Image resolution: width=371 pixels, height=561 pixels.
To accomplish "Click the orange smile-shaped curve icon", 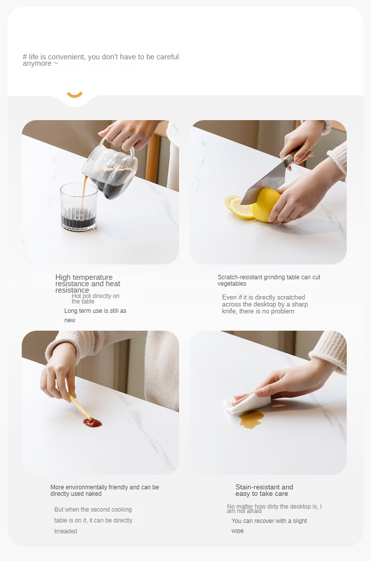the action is [75, 95].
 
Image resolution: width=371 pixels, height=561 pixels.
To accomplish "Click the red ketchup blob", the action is [93, 423].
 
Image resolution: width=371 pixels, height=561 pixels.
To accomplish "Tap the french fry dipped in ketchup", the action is [80, 406].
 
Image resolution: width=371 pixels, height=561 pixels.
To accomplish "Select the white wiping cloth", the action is [246, 403].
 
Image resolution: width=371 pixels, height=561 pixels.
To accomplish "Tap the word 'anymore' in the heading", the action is [37, 63].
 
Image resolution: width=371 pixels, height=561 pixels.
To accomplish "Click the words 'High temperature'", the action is [84, 277].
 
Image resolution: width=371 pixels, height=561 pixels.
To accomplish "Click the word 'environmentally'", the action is [96, 487].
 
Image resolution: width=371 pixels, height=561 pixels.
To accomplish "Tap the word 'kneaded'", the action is [65, 531].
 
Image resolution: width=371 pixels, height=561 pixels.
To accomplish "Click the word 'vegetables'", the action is [232, 284].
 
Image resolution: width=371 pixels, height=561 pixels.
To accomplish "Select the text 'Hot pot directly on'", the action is [95, 296].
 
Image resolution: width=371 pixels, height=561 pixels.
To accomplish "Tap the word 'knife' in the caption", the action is [230, 311].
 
